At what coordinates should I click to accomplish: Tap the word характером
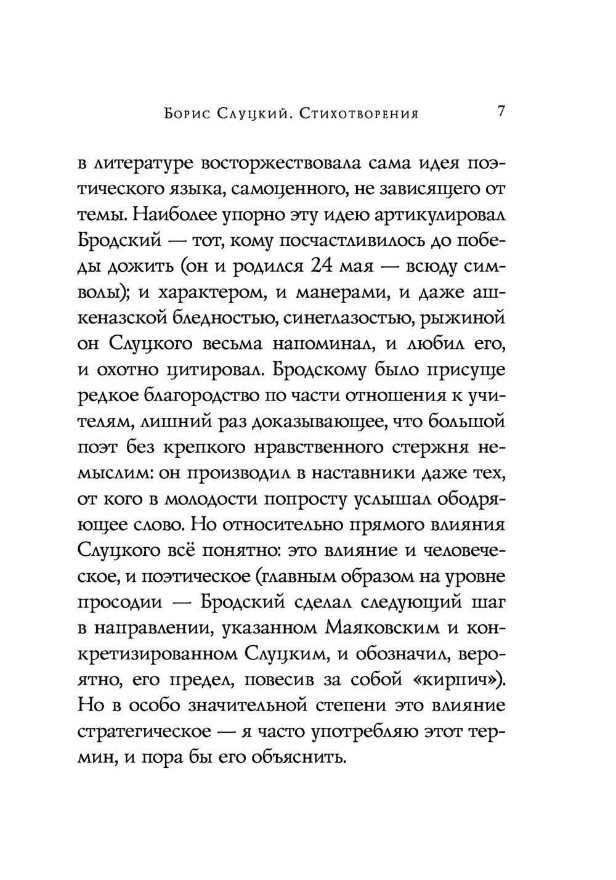coord(203,293)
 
